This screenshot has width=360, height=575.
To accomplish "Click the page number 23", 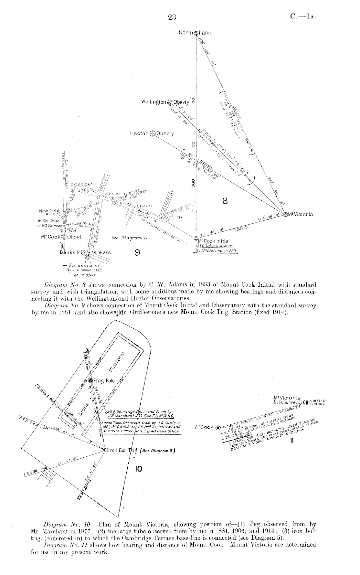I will pos(172,18).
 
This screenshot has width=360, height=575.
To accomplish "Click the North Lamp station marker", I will pos(196,33).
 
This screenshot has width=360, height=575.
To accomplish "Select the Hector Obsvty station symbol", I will pos(153,133).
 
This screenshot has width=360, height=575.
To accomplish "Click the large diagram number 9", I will pos(137,253).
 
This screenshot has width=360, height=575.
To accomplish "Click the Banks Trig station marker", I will pos(88,253).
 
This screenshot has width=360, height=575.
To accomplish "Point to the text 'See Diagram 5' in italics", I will pos(129,238).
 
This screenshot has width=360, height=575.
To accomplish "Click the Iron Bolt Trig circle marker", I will pos(105,450).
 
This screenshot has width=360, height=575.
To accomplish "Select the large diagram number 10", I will pos(138,469).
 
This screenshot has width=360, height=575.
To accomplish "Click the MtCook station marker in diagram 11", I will pos(217,427).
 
